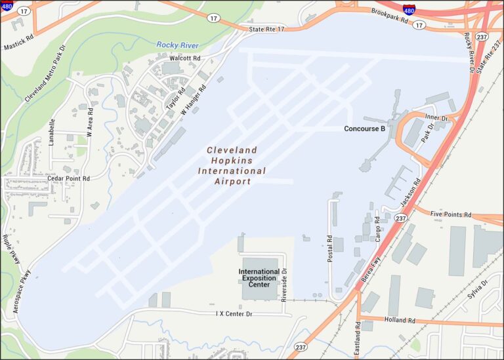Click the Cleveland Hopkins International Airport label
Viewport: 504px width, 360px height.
point(232,165)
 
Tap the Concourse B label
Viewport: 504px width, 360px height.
point(364,129)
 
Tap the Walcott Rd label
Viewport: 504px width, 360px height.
point(184,58)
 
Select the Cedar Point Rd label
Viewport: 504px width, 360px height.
point(68,178)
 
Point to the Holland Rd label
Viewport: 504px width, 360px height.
point(400,321)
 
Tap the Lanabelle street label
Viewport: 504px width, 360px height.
point(52,131)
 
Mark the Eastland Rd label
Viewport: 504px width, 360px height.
point(358,338)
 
